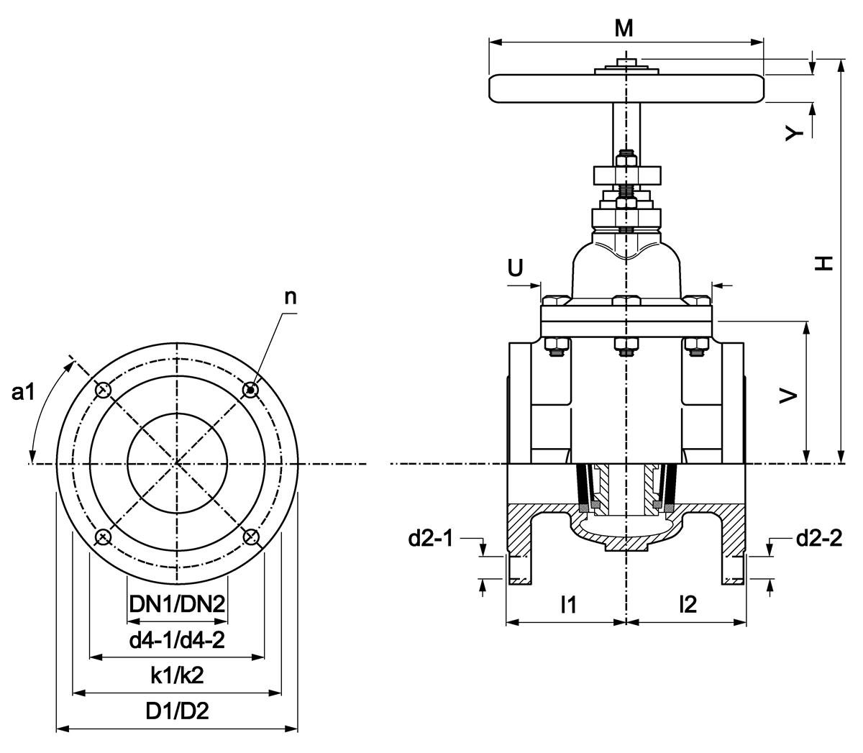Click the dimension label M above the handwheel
click(624, 28)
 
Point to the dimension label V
click(789, 396)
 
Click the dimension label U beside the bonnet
click(516, 269)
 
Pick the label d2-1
click(431, 538)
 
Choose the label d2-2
click(818, 538)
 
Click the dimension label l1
click(568, 605)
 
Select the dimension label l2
click(688, 605)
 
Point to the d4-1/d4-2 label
click(177, 639)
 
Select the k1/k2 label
click(177, 675)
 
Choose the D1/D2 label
click(177, 711)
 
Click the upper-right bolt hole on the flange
click(251, 390)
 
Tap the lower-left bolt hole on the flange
click(103, 537)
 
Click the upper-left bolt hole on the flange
click(103, 390)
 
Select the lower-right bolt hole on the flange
click(251, 537)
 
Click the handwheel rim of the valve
click(626, 88)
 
